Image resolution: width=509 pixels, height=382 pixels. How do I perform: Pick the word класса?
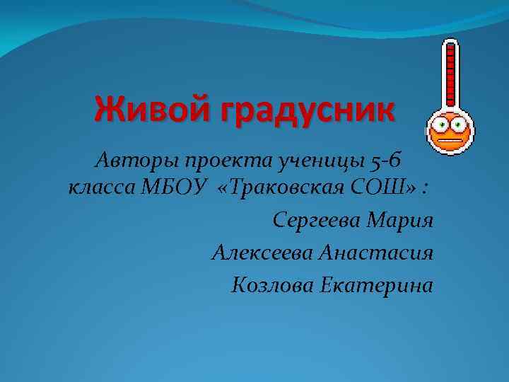pyautogui.click(x=104, y=189)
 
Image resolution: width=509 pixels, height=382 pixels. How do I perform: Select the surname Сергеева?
pyautogui.click(x=316, y=221)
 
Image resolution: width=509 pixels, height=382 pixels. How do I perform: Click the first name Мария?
pyautogui.click(x=400, y=221)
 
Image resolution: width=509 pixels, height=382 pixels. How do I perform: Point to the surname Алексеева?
pyautogui.click(x=262, y=253)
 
